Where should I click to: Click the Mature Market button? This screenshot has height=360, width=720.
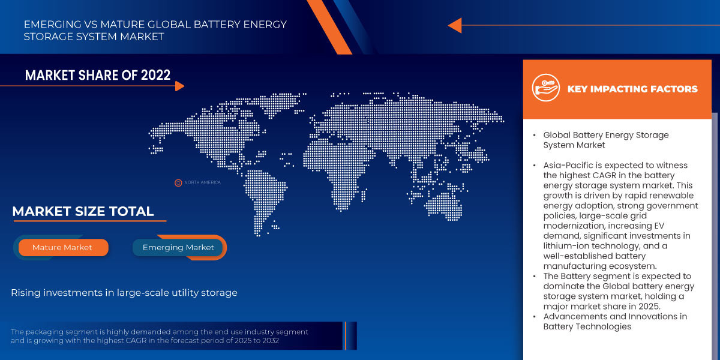pyautogui.click(x=62, y=247)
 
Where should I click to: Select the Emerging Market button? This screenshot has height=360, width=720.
pyautogui.click(x=178, y=247)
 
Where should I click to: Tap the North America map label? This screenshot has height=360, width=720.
pyautogui.click(x=202, y=182)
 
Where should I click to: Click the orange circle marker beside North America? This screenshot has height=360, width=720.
pyautogui.click(x=178, y=182)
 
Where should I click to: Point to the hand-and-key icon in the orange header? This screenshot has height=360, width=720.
pyautogui.click(x=545, y=89)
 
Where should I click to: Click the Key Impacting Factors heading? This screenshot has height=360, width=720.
pyautogui.click(x=632, y=89)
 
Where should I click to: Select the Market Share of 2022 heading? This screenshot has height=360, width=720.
pyautogui.click(x=98, y=75)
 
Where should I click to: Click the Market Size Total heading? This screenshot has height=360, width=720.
pyautogui.click(x=83, y=211)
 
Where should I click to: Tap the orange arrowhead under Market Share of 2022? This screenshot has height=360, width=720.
pyautogui.click(x=179, y=86)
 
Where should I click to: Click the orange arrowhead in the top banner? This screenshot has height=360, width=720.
pyautogui.click(x=455, y=25)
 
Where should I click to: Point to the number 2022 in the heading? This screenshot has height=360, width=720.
pyautogui.click(x=155, y=75)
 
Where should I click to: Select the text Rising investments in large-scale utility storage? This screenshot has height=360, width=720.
pyautogui.click(x=124, y=293)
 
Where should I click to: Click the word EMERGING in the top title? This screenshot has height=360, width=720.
pyautogui.click(x=50, y=25)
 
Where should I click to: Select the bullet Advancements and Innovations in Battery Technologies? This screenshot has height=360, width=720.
pyautogui.click(x=615, y=321)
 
